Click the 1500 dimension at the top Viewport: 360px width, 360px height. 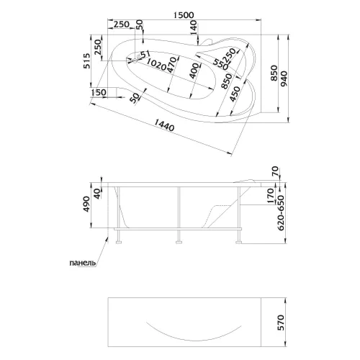pyautogui.click(x=184, y=15)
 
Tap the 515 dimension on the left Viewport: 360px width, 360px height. pyautogui.click(x=87, y=61)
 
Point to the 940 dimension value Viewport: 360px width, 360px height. pyautogui.click(x=284, y=78)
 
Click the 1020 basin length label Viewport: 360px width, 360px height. pyautogui.click(x=156, y=64)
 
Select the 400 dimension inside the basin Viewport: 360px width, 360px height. pyautogui.click(x=194, y=71)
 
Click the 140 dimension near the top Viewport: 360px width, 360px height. pyautogui.click(x=194, y=27)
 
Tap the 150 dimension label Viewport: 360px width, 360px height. pyautogui.click(x=99, y=92)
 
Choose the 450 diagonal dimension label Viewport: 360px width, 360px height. pyautogui.click(x=235, y=94)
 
